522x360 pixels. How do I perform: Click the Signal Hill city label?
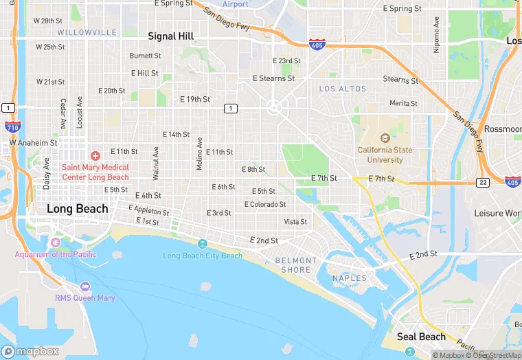(171, 36)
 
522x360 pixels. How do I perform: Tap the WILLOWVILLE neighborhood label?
(87, 32)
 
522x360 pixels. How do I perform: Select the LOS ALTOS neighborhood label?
(343, 89)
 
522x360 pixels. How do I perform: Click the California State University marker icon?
(385, 139)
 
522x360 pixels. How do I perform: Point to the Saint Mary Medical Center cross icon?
(95, 156)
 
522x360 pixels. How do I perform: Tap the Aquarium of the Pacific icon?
(56, 243)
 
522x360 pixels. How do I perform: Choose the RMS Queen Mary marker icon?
(85, 286)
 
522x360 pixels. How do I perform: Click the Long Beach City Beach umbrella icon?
(203, 245)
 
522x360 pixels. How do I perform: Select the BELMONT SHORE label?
(296, 265)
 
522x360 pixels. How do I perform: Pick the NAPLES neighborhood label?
(350, 278)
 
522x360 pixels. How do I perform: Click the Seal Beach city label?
(422, 337)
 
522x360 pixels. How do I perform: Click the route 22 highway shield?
(483, 182)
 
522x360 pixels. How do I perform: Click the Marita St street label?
(403, 103)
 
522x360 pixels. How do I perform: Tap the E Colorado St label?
(265, 204)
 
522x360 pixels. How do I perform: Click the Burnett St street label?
(145, 56)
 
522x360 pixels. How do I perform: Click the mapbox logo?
(30, 351)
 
